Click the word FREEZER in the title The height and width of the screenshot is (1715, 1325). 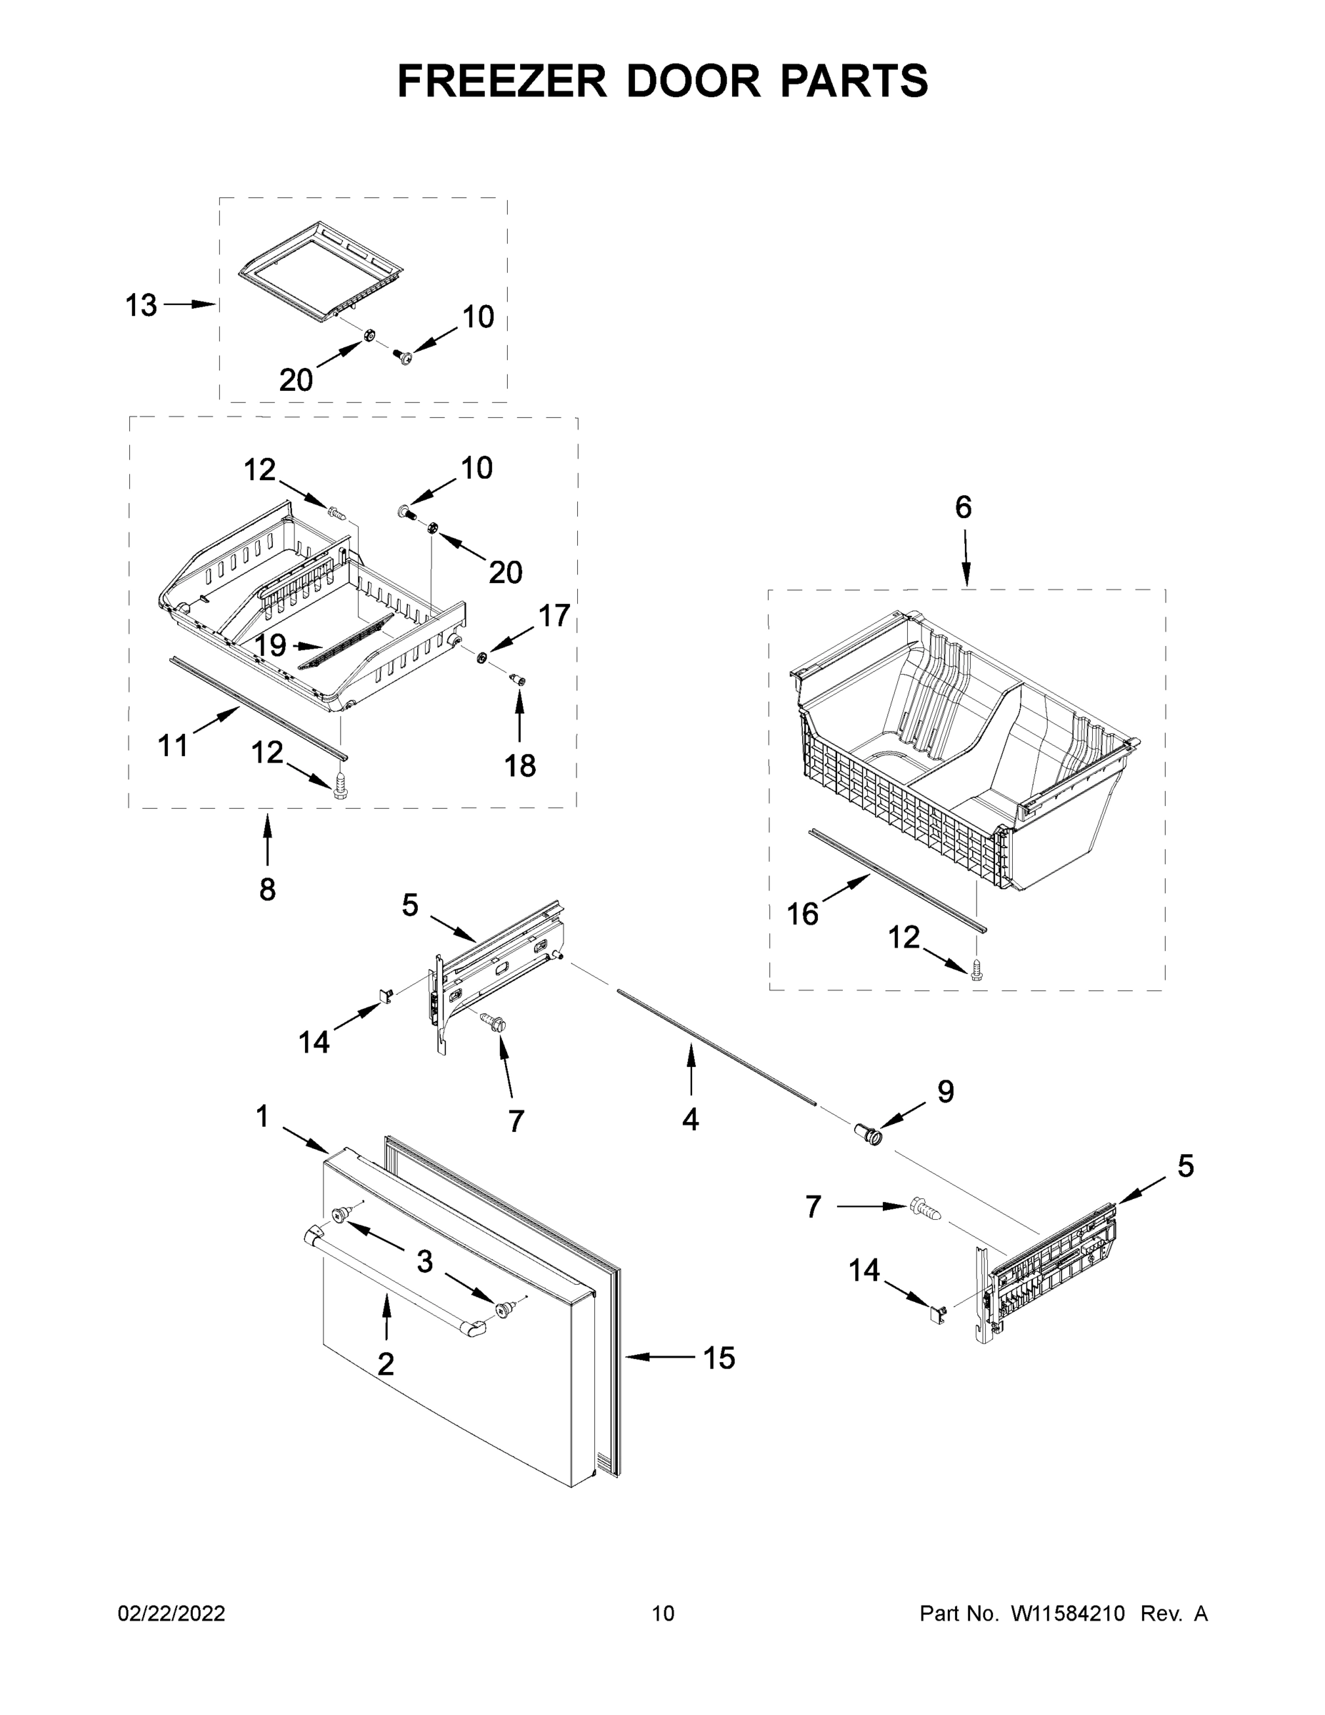[x=501, y=80]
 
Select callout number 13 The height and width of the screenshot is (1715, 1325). [x=141, y=305]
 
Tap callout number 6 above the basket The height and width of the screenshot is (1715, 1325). [x=963, y=508]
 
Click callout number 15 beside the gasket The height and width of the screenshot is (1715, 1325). [x=719, y=1358]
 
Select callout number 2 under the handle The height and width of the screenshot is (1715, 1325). [x=386, y=1364]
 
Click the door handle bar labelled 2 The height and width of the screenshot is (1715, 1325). [x=392, y=1284]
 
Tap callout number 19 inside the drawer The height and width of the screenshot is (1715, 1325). [x=270, y=645]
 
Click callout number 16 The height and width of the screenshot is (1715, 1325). [x=802, y=914]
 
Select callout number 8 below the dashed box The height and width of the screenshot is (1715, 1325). [x=267, y=890]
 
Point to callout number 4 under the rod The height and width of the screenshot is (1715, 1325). [x=690, y=1120]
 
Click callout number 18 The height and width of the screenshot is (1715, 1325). [x=519, y=765]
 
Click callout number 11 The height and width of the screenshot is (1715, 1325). [x=173, y=745]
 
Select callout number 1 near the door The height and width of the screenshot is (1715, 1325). [x=262, y=1116]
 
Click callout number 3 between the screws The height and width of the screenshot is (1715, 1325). [x=424, y=1262]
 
